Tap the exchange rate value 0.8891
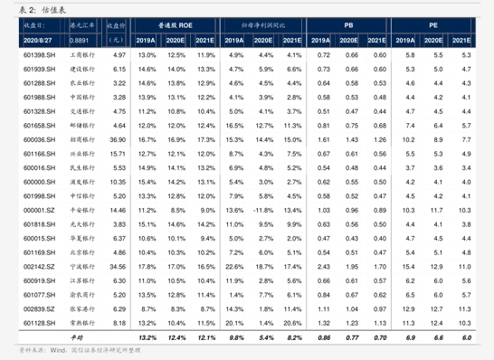pyautogui.click(x=79, y=41)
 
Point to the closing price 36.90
pyautogui.click(x=116, y=140)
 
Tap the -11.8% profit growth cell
pyautogui.click(x=264, y=210)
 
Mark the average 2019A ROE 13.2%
pyautogui.click(x=147, y=336)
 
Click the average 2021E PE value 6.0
pyautogui.click(x=465, y=336)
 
